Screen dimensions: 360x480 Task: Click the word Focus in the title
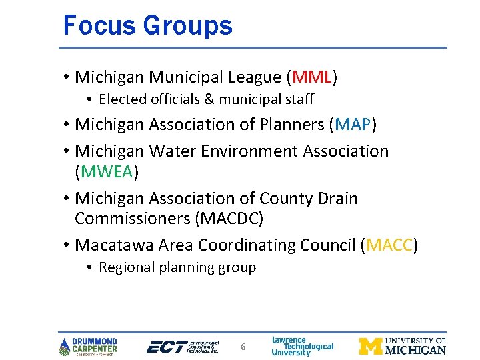pos(93,25)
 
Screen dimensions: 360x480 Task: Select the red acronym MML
pos(311,77)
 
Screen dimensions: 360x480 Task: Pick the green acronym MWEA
pos(107,172)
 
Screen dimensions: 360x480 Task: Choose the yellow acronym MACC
pos(389,245)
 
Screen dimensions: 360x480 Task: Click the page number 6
pos(243,347)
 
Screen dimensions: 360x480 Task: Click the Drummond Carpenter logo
pos(89,346)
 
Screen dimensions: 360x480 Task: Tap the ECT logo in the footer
pos(182,346)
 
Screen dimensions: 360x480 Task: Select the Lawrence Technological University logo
pos(302,346)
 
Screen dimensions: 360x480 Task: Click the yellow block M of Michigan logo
pos(371,346)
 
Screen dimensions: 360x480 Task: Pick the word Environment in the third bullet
pos(256,151)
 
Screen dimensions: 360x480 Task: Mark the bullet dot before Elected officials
pos(89,100)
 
